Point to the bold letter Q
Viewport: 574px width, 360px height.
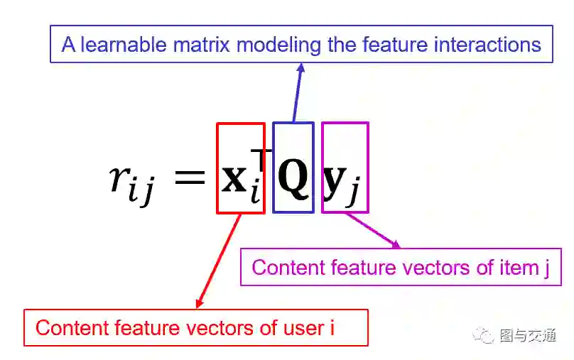click(x=293, y=178)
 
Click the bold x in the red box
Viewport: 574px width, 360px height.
click(x=234, y=178)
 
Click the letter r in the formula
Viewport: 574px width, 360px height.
click(x=119, y=178)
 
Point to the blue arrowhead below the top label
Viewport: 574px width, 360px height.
click(x=301, y=68)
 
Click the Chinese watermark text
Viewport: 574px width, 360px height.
click(x=528, y=335)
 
